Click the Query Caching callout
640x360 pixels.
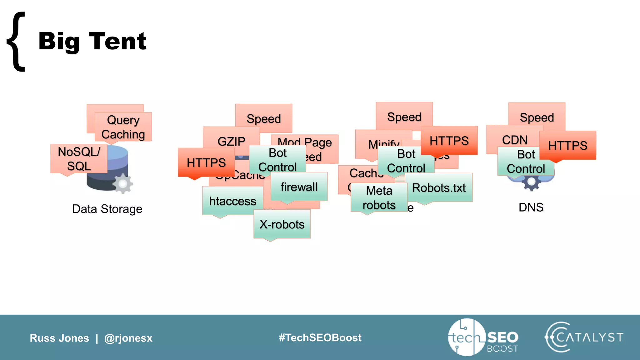[x=123, y=127]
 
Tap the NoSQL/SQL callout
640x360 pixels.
[x=79, y=159]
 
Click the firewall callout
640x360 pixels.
[x=299, y=187]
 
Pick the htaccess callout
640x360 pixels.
[x=232, y=201]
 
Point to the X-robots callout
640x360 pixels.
[x=282, y=224]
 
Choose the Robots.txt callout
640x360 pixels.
[x=439, y=188]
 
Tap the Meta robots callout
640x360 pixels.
[x=379, y=198]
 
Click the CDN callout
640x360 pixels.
[x=515, y=140]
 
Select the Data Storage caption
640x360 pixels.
[x=107, y=209]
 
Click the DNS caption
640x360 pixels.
[x=531, y=207]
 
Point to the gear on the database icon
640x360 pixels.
[x=122, y=184]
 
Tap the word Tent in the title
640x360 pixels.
[x=118, y=41]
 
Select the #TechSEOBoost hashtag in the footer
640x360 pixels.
[x=320, y=337]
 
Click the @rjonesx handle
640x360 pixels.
[x=128, y=338]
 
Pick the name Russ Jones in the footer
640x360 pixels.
[x=59, y=338]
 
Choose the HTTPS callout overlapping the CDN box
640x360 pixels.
[x=567, y=146]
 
